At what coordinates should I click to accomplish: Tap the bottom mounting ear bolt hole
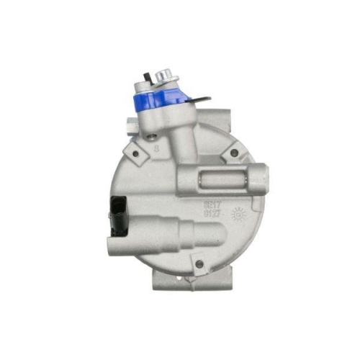pyautogui.click(x=199, y=264)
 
